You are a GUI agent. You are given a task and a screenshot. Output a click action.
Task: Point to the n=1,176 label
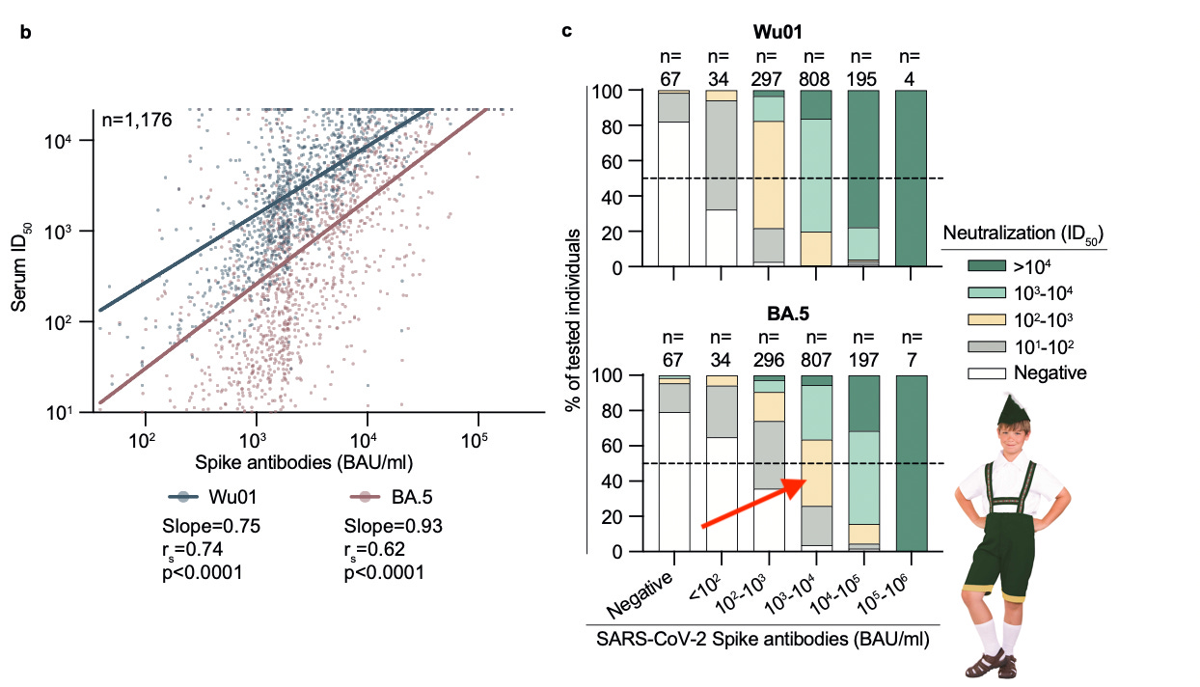click(x=136, y=122)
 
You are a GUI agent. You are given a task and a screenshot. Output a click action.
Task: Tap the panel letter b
click(x=26, y=33)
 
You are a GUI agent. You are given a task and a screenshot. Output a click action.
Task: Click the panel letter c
click(x=567, y=31)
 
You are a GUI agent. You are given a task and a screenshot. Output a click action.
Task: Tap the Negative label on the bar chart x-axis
click(x=640, y=596)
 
